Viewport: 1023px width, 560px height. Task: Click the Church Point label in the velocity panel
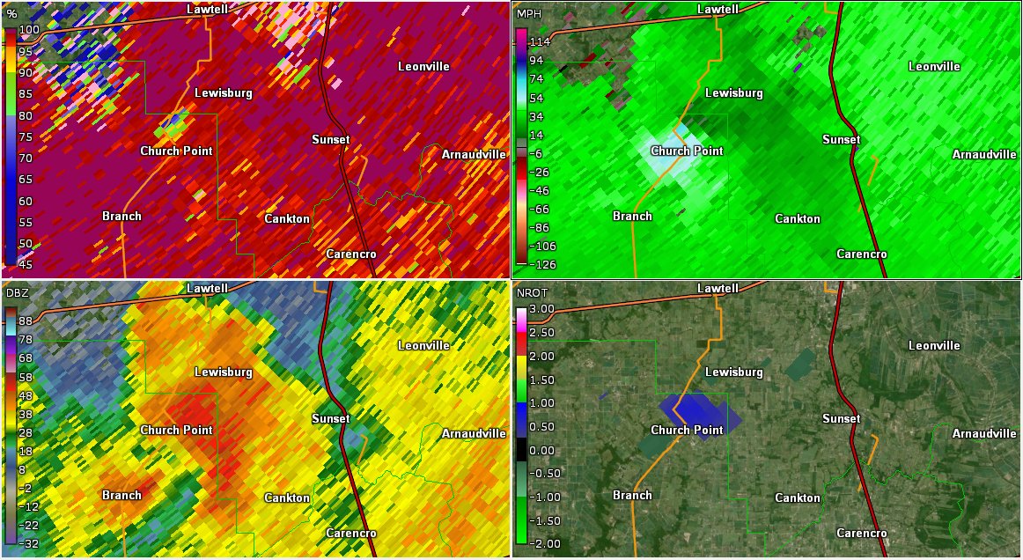[x=687, y=151]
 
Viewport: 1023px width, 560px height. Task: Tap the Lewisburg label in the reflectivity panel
[x=224, y=372]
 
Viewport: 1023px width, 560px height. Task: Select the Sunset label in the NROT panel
[x=841, y=418]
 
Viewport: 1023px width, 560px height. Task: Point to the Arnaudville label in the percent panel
[x=474, y=154]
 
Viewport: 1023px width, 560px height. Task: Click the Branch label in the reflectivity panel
[x=121, y=495]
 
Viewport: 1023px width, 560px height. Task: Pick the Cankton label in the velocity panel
[x=798, y=218]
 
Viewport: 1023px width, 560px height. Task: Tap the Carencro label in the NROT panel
[x=861, y=533]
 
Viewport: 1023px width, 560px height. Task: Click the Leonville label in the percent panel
[x=423, y=66]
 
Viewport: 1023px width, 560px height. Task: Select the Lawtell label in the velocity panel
[x=718, y=9]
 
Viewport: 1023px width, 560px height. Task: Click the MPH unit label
[x=530, y=15]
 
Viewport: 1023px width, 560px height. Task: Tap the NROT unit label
[x=532, y=291]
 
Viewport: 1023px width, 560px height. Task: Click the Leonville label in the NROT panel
[x=934, y=345]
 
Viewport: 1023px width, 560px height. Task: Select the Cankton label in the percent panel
[x=287, y=218]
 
